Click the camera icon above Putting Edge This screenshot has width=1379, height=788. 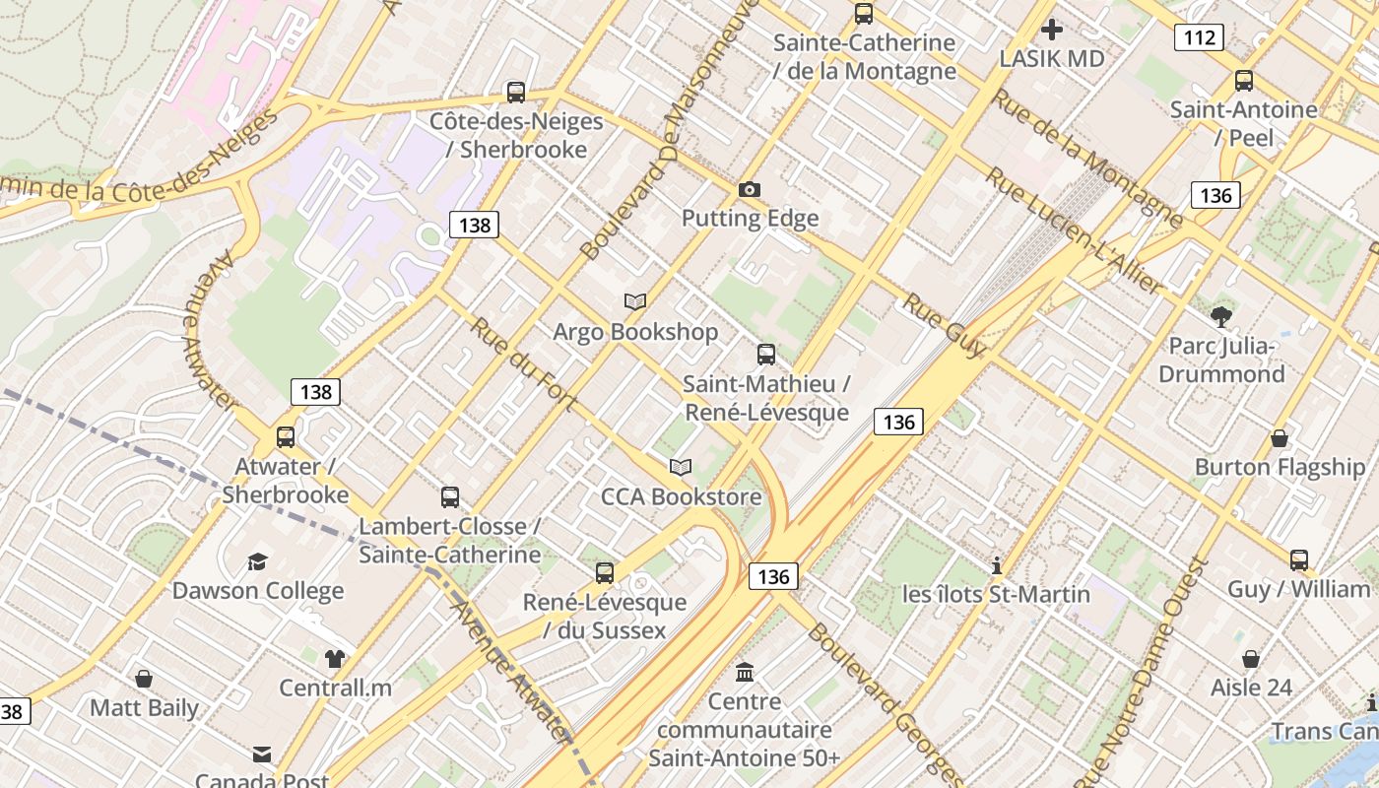[750, 189]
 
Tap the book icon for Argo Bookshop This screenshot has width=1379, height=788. [635, 302]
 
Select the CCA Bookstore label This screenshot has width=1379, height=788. [682, 496]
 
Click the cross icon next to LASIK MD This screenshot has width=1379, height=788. [1052, 30]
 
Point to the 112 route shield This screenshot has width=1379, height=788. [1199, 38]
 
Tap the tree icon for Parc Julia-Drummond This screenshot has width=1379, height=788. [1221, 316]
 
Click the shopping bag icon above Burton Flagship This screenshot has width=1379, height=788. [1280, 438]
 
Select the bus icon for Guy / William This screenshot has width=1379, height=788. [1299, 560]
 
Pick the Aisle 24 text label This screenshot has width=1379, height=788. [1251, 687]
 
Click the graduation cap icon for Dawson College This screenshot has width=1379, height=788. [257, 561]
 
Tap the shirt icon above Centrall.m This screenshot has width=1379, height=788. [335, 658]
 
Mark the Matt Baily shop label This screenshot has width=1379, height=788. [145, 707]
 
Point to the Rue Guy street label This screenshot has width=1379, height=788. [944, 325]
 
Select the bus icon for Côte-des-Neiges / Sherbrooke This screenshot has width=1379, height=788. [515, 93]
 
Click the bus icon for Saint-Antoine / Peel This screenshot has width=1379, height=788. [1244, 81]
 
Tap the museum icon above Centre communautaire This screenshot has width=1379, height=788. [745, 673]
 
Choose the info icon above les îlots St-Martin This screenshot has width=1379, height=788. [997, 565]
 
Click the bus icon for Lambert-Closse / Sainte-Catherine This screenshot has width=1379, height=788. [450, 497]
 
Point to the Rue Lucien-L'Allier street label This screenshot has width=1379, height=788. [1075, 231]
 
